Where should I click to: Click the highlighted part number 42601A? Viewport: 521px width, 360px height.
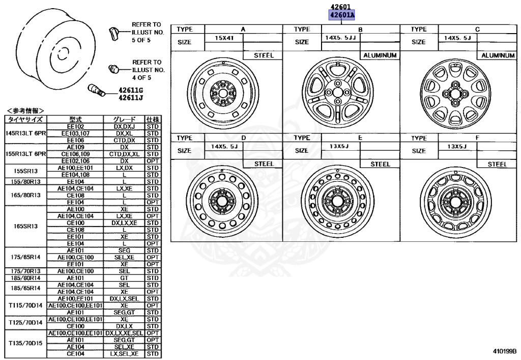(x=342, y=15)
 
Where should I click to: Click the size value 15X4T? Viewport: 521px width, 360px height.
(x=224, y=38)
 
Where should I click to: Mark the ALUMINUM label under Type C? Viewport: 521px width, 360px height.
(x=498, y=55)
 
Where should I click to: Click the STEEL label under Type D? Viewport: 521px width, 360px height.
(x=264, y=164)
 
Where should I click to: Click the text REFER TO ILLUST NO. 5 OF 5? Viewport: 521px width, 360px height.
(x=146, y=32)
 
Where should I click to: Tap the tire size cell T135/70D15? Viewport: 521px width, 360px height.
(x=25, y=343)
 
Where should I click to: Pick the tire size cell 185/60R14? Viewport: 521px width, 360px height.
(x=25, y=278)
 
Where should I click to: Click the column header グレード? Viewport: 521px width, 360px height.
(x=124, y=119)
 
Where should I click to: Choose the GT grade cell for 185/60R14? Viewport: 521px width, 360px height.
(x=124, y=278)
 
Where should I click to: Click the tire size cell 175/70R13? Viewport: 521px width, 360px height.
(x=25, y=271)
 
